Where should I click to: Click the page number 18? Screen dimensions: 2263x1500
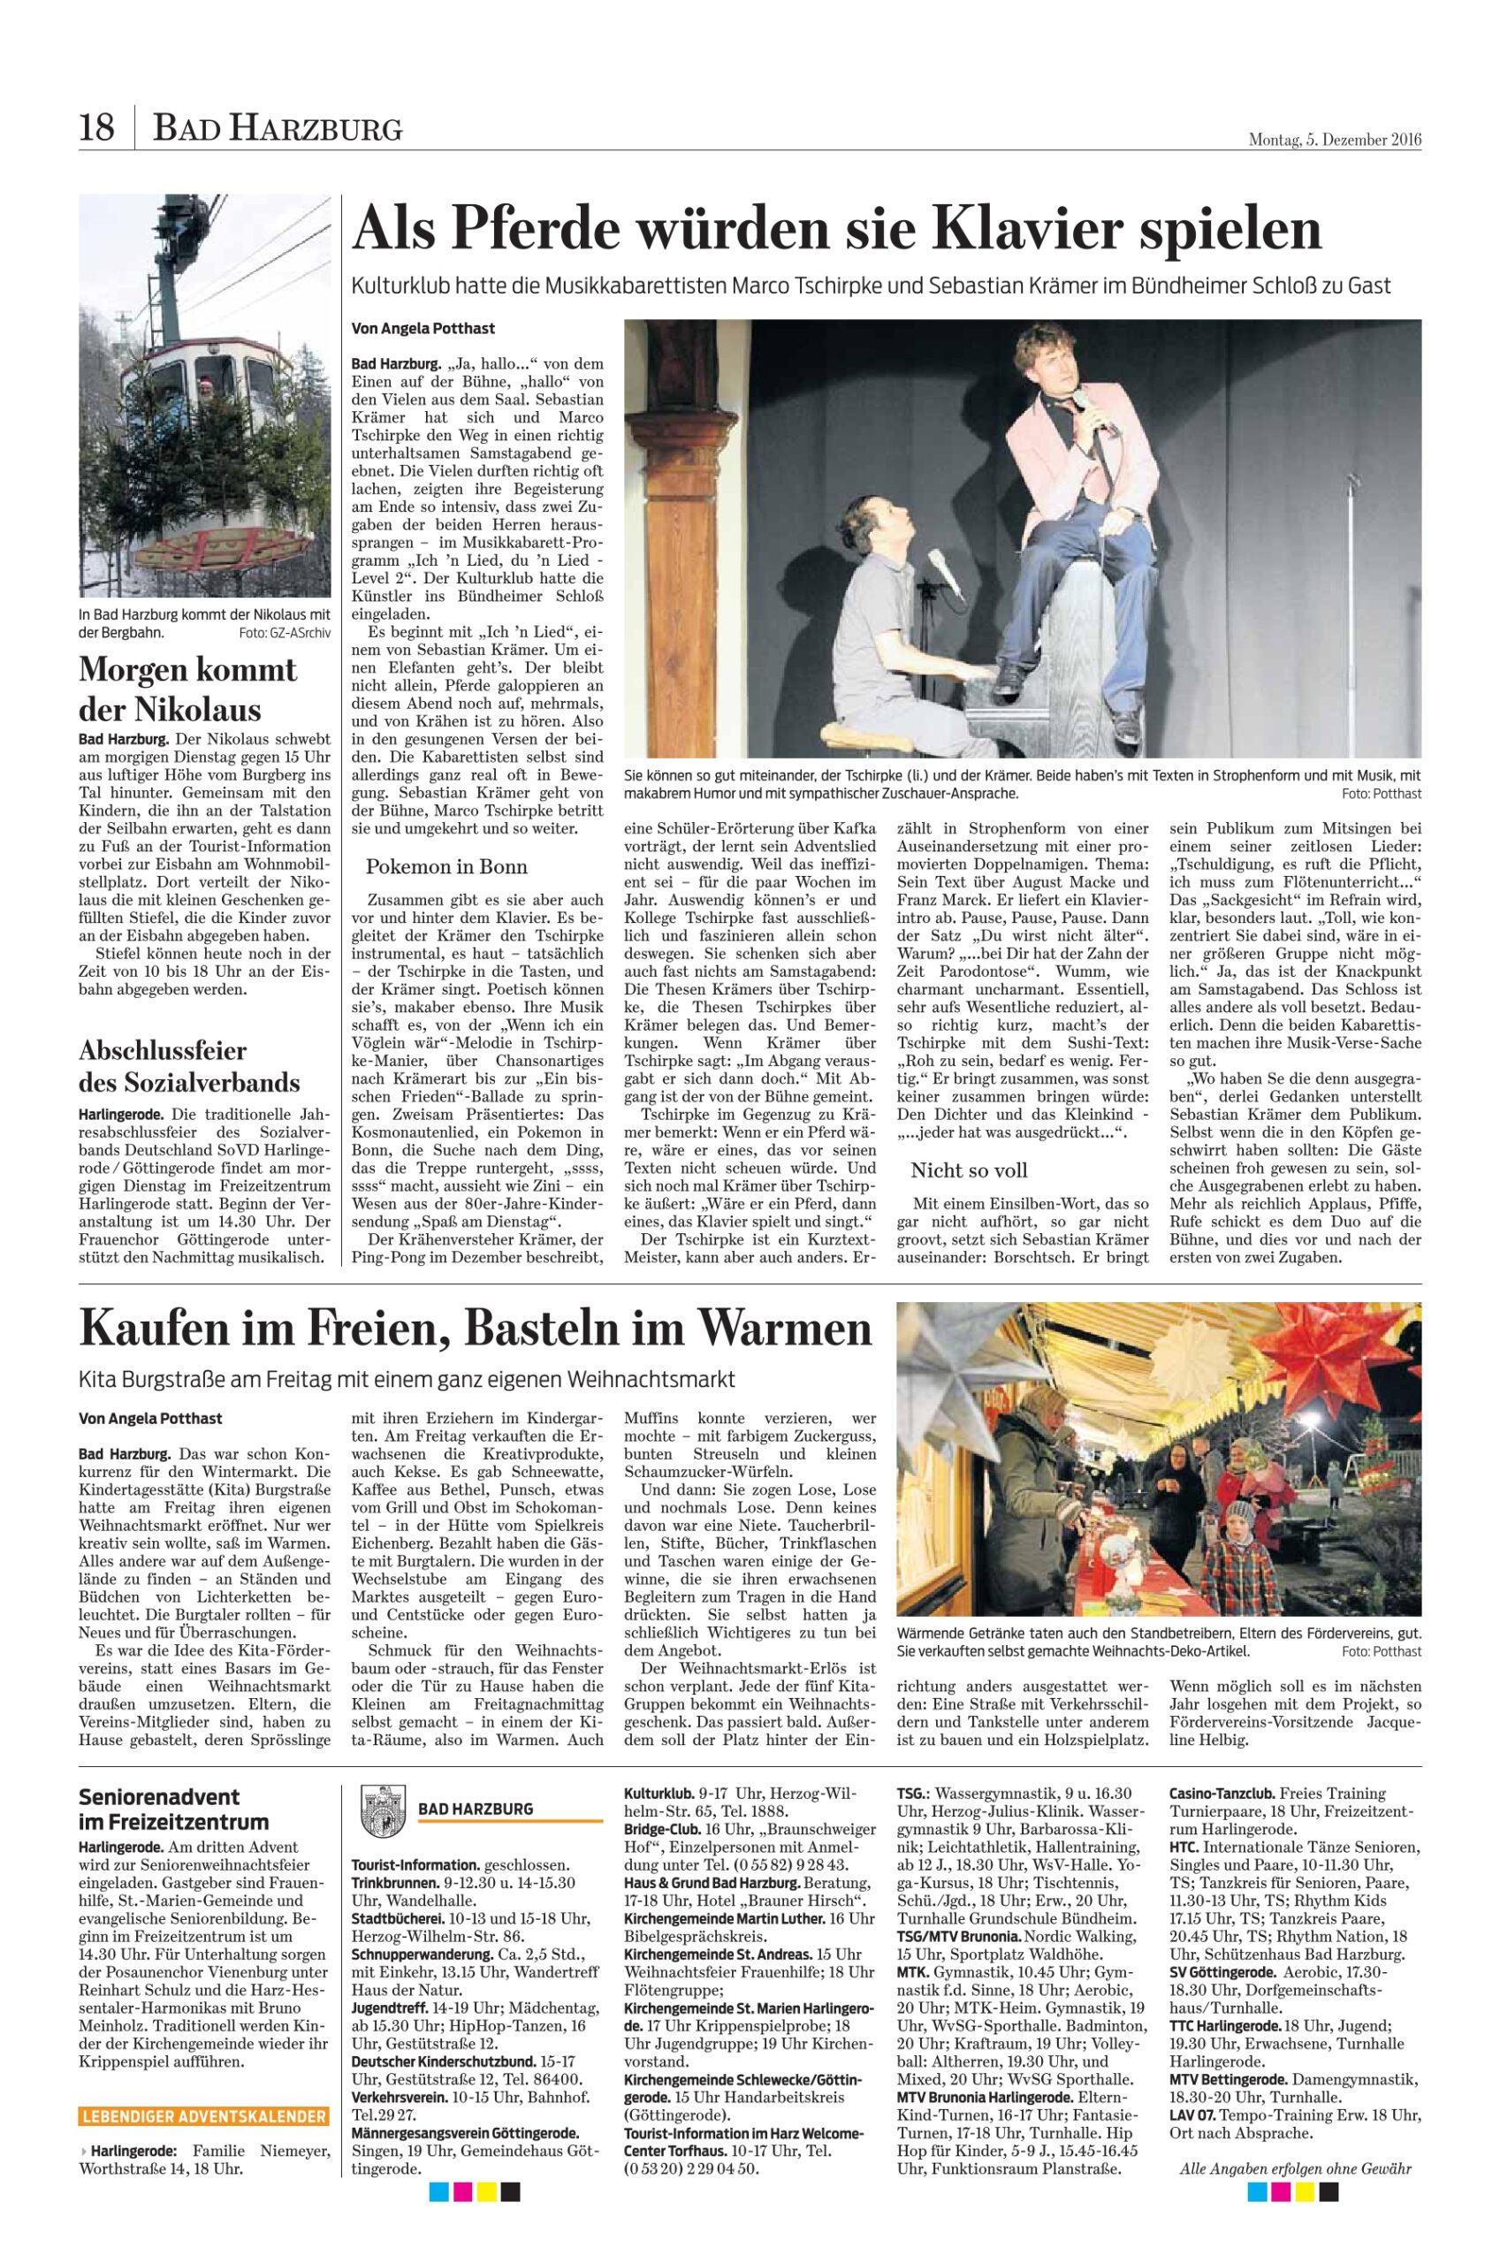tap(96, 127)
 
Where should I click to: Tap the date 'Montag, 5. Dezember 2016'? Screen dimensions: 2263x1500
tap(1335, 140)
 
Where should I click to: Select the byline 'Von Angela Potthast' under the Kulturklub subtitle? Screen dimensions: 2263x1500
tap(423, 328)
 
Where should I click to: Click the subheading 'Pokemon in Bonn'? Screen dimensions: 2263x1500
tap(445, 866)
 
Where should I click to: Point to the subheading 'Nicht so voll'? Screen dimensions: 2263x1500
tap(969, 1170)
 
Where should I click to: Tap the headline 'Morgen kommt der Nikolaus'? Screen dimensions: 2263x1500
tap(187, 689)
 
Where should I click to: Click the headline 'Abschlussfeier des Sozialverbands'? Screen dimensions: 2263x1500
tap(189, 1066)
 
